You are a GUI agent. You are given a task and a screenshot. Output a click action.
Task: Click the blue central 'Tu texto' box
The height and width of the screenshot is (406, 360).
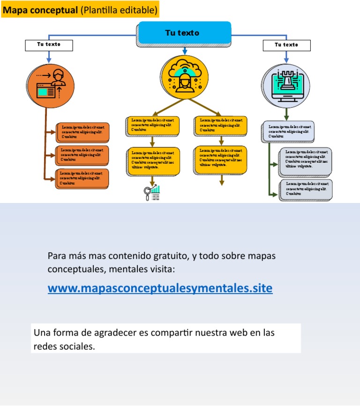(184, 33)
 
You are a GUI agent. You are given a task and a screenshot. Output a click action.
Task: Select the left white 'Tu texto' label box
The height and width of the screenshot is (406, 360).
(49, 45)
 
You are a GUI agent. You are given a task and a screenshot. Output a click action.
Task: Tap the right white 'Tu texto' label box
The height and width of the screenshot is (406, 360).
(286, 45)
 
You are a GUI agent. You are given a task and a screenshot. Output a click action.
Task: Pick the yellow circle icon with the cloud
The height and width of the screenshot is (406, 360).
(184, 77)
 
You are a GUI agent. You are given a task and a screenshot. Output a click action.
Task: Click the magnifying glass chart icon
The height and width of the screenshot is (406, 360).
(152, 193)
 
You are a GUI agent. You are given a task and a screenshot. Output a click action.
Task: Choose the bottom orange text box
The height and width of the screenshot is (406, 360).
(83, 179)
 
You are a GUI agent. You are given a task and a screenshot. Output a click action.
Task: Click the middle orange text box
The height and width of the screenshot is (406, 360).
(83, 155)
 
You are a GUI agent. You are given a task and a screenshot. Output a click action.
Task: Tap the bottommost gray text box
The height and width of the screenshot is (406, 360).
(307, 189)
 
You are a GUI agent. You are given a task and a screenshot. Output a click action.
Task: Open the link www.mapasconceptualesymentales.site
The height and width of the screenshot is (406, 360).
(160, 288)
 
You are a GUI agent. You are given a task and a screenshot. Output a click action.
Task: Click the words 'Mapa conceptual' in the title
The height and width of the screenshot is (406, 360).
(40, 10)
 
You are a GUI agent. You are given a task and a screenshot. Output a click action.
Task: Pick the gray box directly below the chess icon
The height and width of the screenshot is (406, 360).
(287, 132)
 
